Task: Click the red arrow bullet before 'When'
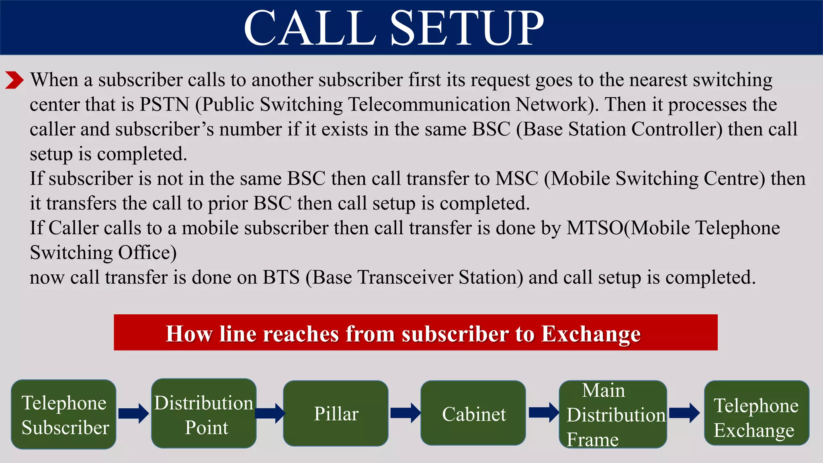[x=14, y=80]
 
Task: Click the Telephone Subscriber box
[x=63, y=414]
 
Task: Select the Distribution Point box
[x=204, y=414]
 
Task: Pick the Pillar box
[x=336, y=414]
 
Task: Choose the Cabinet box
[x=473, y=414]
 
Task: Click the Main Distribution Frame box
[x=613, y=414]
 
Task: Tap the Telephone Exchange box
[x=756, y=414]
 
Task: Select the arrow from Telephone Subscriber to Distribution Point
[x=134, y=413]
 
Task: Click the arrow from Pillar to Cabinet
[x=405, y=413]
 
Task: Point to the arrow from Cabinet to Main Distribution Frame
[x=543, y=413]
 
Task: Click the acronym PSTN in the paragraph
[x=164, y=104]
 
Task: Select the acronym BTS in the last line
[x=281, y=277]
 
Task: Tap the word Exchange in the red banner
[x=591, y=334]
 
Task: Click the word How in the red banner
[x=189, y=334]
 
